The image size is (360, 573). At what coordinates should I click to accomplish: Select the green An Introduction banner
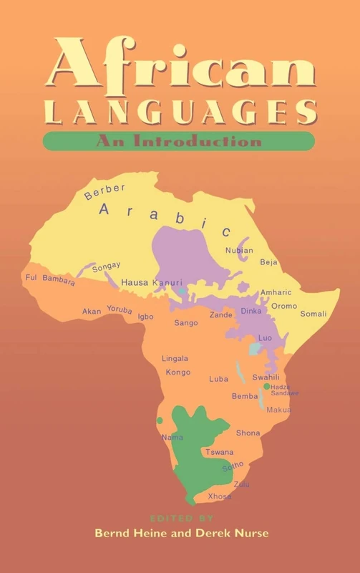[179, 140]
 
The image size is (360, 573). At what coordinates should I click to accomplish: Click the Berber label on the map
[104, 191]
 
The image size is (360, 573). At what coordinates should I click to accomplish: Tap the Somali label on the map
[313, 314]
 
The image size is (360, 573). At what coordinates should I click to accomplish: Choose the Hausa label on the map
[134, 282]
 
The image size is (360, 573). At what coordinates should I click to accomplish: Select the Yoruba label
[120, 310]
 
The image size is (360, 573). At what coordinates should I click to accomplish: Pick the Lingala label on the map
[175, 358]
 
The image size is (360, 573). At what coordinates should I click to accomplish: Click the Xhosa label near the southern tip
[219, 496]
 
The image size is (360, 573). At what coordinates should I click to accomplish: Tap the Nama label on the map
[172, 437]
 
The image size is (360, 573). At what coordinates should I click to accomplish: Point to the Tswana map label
[219, 452]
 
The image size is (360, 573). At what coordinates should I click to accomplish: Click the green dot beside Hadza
[266, 386]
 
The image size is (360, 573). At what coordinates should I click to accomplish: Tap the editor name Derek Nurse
[232, 534]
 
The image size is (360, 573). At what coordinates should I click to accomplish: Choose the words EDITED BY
[180, 517]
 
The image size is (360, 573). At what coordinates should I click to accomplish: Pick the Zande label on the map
[221, 314]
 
